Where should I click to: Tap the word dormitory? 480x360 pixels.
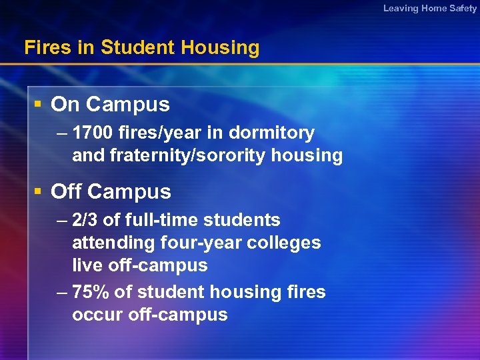coord(271,133)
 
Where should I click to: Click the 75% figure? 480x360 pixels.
coord(90,292)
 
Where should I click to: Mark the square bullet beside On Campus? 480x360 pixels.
coord(39,104)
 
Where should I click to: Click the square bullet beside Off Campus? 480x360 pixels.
coord(39,191)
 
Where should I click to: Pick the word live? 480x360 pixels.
coord(86,265)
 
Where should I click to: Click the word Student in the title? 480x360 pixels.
coord(137,47)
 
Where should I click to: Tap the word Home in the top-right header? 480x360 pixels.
coord(435,8)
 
